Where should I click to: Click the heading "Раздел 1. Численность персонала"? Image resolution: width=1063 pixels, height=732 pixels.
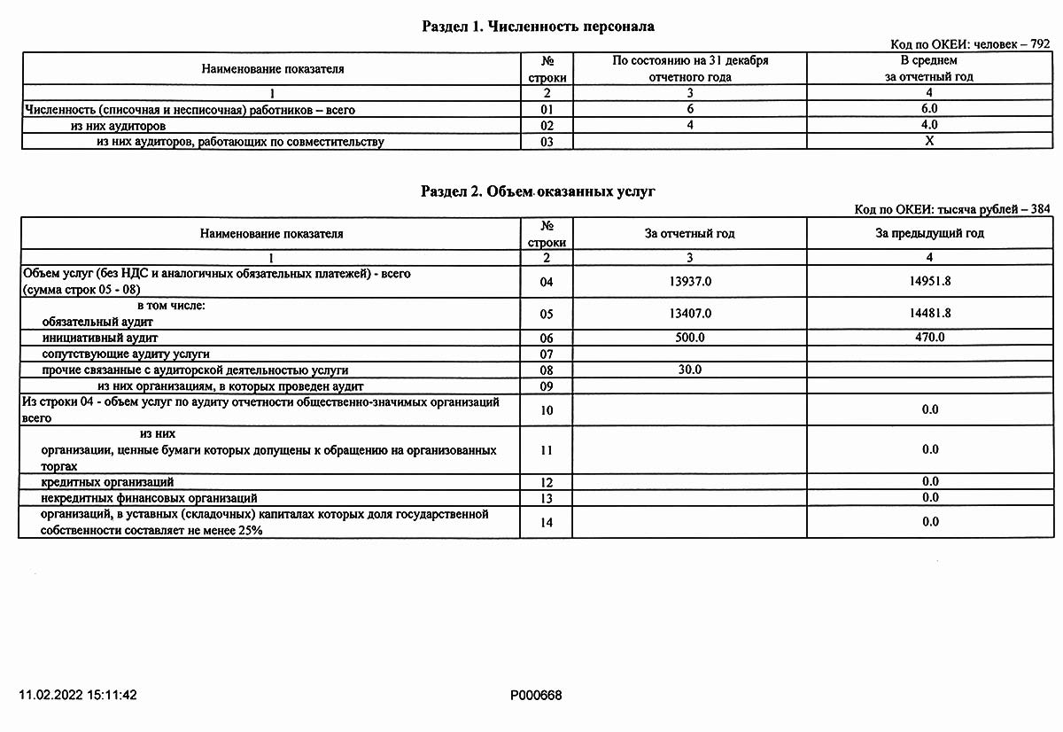coord(538,27)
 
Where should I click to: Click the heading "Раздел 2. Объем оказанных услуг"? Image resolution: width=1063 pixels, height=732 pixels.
coord(538,191)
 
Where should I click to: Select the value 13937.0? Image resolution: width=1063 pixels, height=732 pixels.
coord(689,282)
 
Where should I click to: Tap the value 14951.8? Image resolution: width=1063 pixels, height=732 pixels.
coord(929,282)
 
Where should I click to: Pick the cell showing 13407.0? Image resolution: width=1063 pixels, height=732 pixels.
coord(689,314)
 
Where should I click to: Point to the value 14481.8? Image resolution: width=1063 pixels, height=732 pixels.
coord(929,314)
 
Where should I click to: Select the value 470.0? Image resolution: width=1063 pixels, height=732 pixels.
coord(929,338)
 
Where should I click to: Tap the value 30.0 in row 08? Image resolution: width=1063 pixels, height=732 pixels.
coord(689,370)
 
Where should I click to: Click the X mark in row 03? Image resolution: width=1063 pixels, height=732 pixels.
coord(929,141)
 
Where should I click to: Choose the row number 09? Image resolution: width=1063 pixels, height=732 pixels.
coord(546,387)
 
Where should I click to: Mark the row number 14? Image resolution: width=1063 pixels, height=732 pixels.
coord(546,523)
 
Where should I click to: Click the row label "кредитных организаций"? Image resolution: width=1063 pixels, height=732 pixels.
coord(107,482)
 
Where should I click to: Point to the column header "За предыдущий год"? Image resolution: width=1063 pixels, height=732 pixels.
coord(929,234)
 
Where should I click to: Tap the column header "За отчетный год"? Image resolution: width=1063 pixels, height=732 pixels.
coord(689,234)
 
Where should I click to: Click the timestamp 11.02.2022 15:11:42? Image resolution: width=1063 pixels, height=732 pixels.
coord(79,696)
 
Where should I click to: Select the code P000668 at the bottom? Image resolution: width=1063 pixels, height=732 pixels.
coord(536,696)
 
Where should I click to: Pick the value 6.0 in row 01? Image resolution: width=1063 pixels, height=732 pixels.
coord(929,109)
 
